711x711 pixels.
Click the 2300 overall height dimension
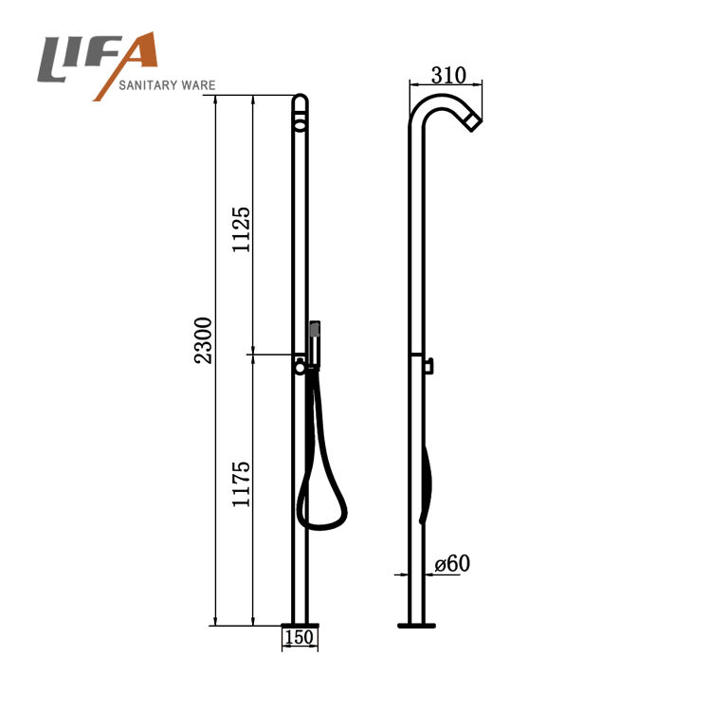click(203, 340)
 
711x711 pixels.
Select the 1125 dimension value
click(241, 229)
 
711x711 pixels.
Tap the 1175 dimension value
click(241, 483)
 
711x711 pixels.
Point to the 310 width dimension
click(448, 75)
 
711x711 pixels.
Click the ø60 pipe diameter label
click(452, 564)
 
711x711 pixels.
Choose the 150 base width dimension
click(299, 637)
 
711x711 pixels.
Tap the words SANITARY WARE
click(167, 85)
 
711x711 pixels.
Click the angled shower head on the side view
click(472, 122)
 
